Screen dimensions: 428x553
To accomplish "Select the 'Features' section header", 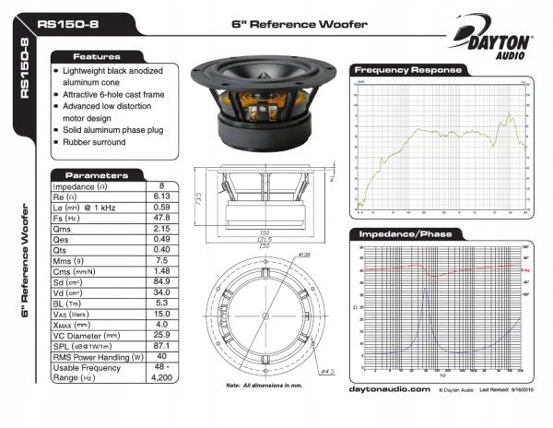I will (x=97, y=56).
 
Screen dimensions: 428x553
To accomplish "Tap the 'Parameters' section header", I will (x=97, y=174).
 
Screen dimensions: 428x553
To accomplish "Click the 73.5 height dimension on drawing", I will (x=199, y=198).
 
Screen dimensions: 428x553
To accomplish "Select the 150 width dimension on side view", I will (x=265, y=245).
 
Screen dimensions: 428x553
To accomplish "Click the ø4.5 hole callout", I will (x=325, y=372).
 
